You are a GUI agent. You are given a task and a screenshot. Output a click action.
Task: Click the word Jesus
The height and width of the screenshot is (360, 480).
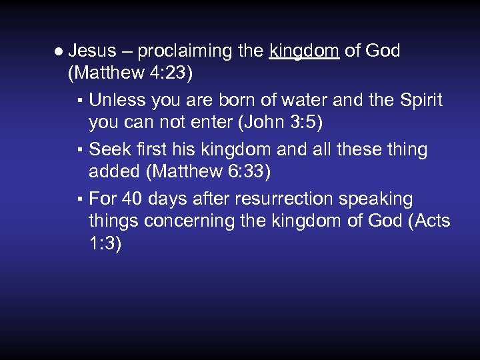point(92,51)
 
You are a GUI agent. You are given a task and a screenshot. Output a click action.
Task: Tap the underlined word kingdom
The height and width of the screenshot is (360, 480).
point(305,51)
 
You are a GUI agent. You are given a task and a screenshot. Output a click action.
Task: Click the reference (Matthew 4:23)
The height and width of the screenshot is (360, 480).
point(131,73)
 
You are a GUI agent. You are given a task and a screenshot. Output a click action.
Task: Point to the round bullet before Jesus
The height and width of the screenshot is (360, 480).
point(59,52)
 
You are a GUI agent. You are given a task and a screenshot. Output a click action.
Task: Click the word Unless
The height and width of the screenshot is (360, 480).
point(118,100)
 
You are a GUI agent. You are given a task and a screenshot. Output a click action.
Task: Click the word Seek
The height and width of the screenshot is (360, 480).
point(110,149)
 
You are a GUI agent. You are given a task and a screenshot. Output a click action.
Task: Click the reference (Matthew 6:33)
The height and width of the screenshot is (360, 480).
point(211,171)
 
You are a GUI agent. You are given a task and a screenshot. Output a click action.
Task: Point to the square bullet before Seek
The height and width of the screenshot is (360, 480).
point(79,151)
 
